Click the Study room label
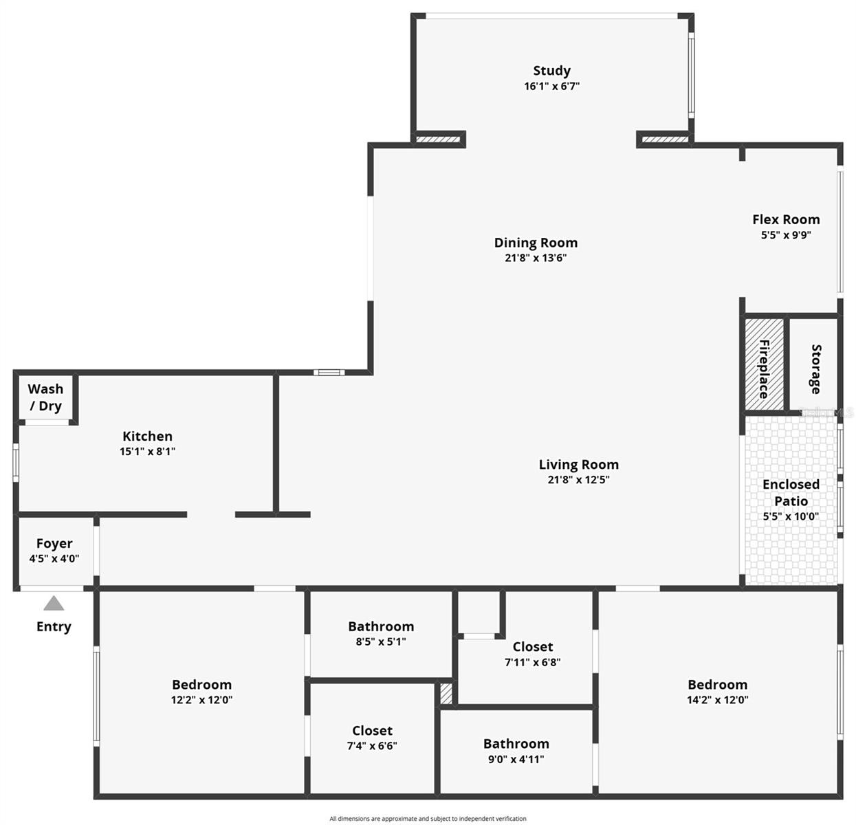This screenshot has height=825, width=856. point(551,71)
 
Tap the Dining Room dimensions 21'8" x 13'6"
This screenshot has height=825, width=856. point(536,258)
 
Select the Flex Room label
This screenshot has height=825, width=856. point(786,220)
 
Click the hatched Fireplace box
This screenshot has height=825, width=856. point(764,364)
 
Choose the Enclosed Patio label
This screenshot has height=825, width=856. point(791,492)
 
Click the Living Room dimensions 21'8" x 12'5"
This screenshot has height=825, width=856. point(578,480)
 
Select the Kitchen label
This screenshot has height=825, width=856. point(147,437)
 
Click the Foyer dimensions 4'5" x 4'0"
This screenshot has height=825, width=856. point(54,559)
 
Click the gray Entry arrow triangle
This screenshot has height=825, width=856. point(54,604)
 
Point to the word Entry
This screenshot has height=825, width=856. point(54,627)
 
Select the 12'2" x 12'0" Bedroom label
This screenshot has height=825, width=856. point(201,685)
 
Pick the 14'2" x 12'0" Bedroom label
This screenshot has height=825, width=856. point(717,685)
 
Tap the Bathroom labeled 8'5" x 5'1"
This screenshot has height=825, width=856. point(381,627)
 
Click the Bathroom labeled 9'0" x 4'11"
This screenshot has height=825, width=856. point(516,744)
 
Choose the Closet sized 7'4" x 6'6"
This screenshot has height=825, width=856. point(372,731)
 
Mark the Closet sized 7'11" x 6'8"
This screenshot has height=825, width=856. point(532,647)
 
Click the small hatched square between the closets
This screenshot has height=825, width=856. point(446,693)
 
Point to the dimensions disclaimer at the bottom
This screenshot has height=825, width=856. point(428,819)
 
